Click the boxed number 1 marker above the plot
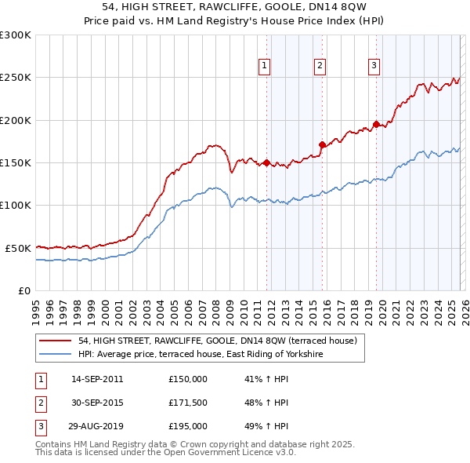pyautogui.click(x=266, y=66)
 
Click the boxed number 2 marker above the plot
pyautogui.click(x=320, y=66)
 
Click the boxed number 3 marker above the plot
pyautogui.click(x=374, y=66)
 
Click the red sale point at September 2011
pyautogui.click(x=266, y=163)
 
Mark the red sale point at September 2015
pyautogui.click(x=322, y=144)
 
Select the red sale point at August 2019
pyautogui.click(x=376, y=124)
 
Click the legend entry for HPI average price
pyautogui.click(x=201, y=355)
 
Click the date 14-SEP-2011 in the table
pyautogui.click(x=97, y=378)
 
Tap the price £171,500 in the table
pyautogui.click(x=188, y=403)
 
